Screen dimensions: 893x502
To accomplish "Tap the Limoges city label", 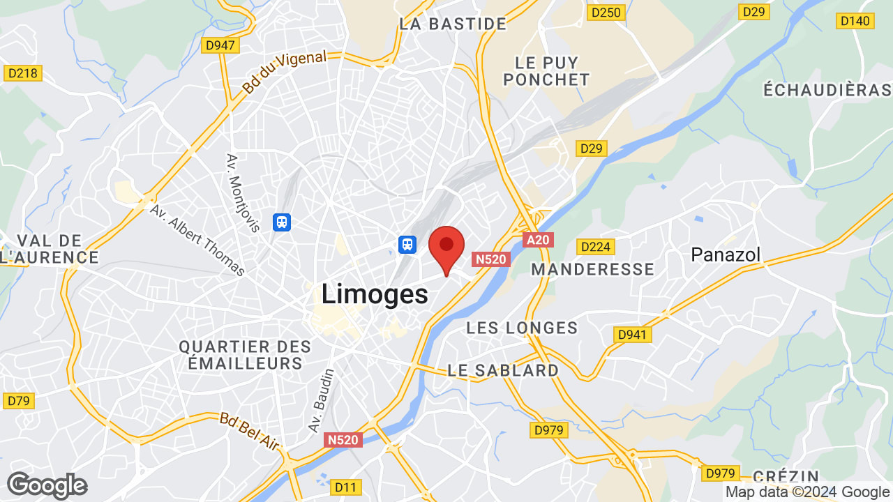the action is click(375, 294).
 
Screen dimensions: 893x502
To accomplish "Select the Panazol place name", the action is click(726, 254).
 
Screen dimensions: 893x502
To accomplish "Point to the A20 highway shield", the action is click(538, 240).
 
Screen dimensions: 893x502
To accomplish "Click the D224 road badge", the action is click(595, 247).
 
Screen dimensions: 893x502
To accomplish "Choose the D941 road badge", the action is click(633, 335).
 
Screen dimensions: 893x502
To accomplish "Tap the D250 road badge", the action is click(605, 12).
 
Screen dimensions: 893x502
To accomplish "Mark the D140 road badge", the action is click(855, 21).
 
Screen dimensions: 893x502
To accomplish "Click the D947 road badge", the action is click(221, 45).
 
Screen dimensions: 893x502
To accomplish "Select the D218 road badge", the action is click(24, 73).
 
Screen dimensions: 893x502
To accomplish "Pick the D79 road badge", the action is click(18, 401).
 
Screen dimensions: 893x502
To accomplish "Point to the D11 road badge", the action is click(345, 486).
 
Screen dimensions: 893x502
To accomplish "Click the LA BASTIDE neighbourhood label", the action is click(453, 24).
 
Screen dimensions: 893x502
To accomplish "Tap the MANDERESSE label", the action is click(592, 269).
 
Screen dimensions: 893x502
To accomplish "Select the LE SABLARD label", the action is click(503, 370).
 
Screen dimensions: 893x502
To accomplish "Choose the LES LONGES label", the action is click(522, 328).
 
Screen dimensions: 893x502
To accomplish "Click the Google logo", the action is click(47, 485).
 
